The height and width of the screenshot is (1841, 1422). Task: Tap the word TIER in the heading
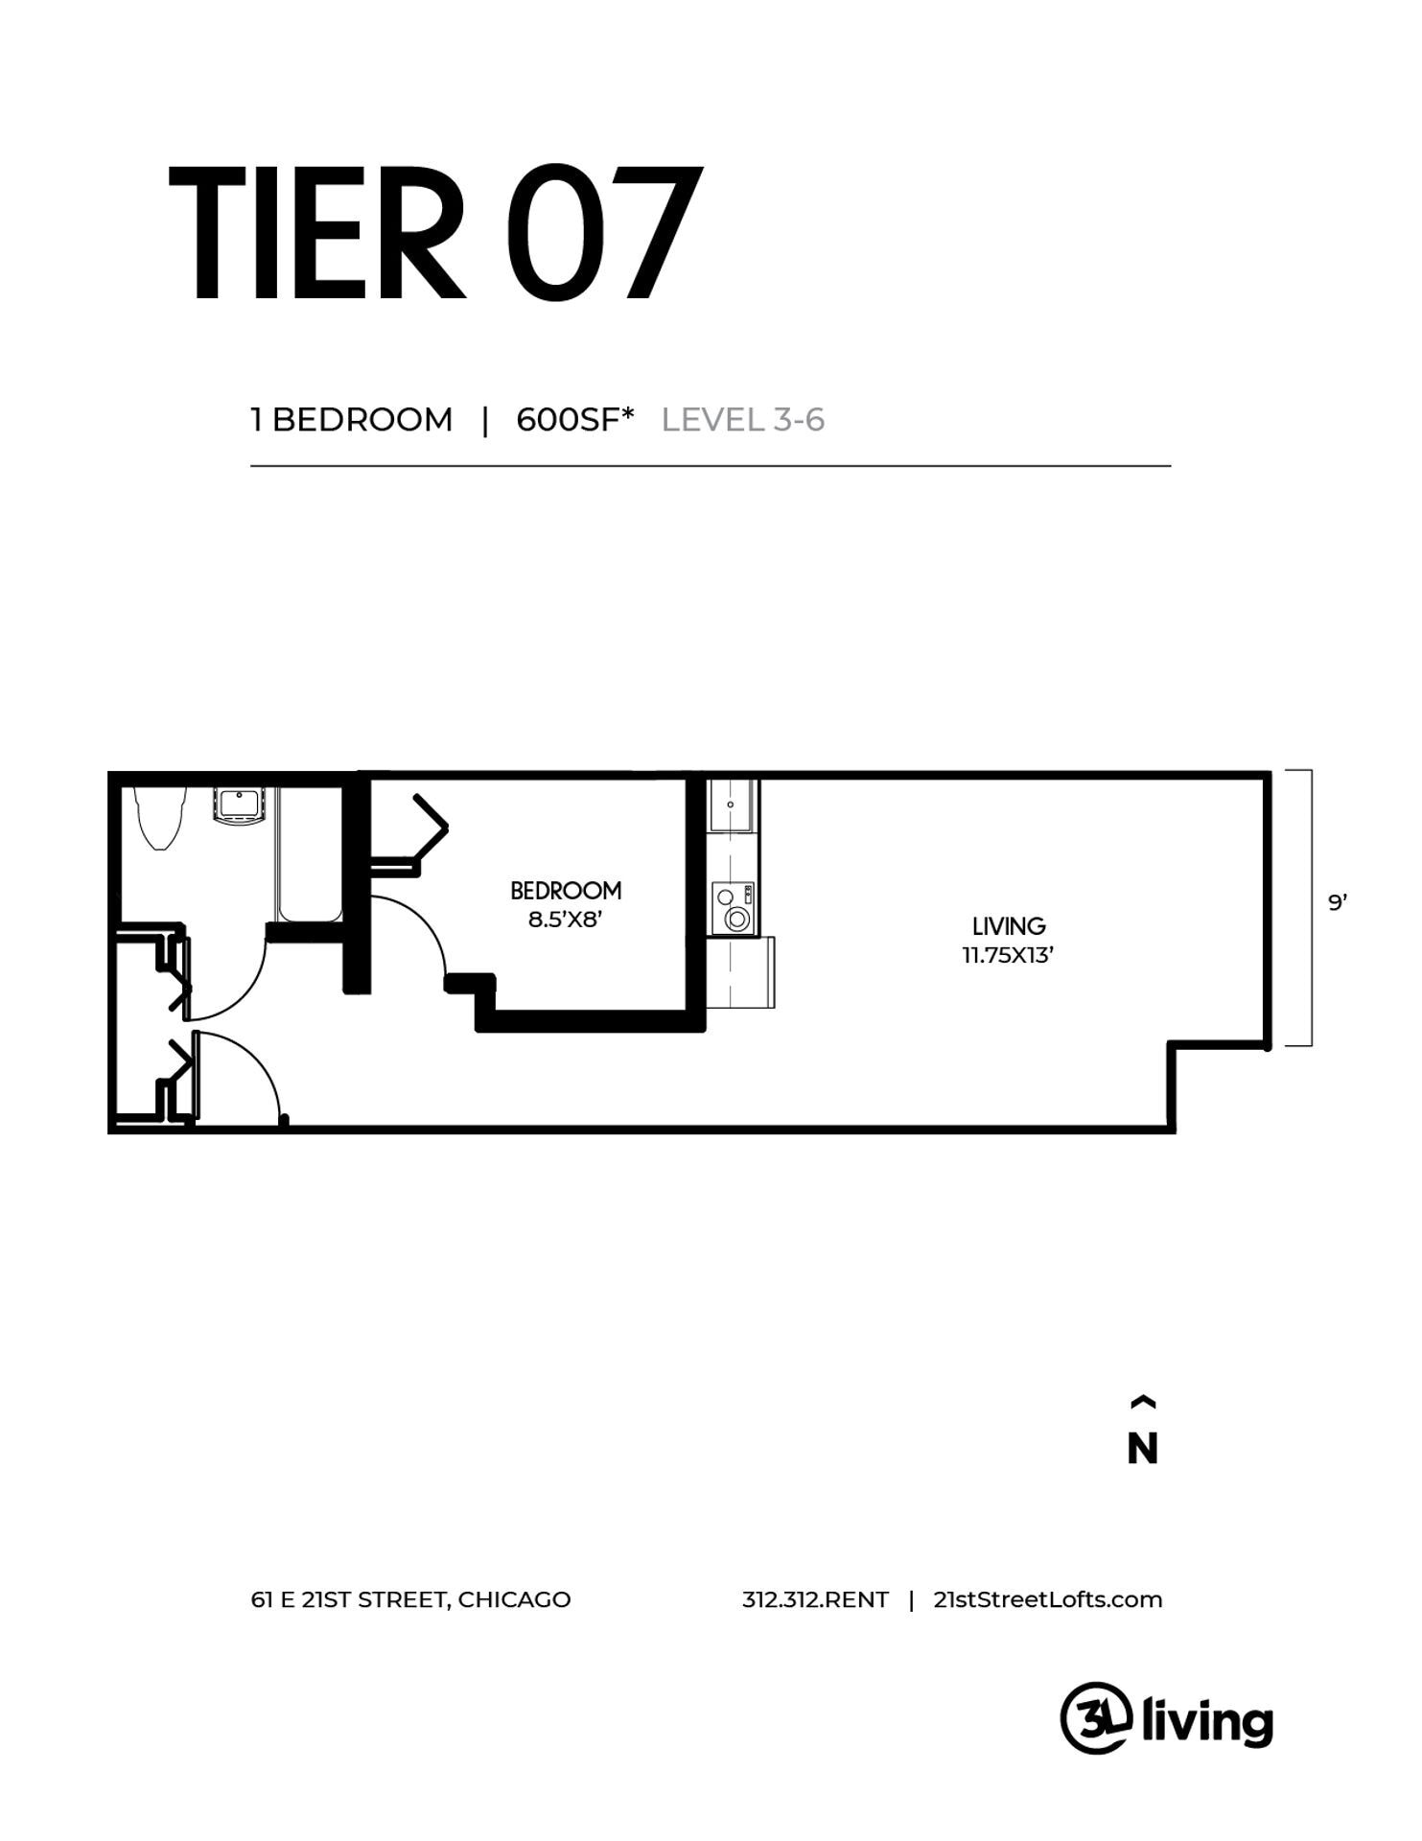point(316,234)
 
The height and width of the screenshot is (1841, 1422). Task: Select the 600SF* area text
point(575,420)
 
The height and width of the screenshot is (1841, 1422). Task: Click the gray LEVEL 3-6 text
point(743,420)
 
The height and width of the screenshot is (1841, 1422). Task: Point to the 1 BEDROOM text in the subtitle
point(352,420)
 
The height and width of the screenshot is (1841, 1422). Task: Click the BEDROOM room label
point(566,891)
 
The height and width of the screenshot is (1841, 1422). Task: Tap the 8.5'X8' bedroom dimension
point(565,920)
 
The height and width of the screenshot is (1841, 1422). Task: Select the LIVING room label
point(1009,926)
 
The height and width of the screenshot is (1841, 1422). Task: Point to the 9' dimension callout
point(1338,902)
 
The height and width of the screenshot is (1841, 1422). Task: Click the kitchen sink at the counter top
point(734,805)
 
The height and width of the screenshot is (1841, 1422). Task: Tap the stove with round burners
point(734,908)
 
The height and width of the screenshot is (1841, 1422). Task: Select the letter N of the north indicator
point(1142,1449)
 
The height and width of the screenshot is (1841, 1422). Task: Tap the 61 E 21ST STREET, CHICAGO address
point(410,1599)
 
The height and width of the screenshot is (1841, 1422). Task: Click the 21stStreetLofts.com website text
point(1047,1599)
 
